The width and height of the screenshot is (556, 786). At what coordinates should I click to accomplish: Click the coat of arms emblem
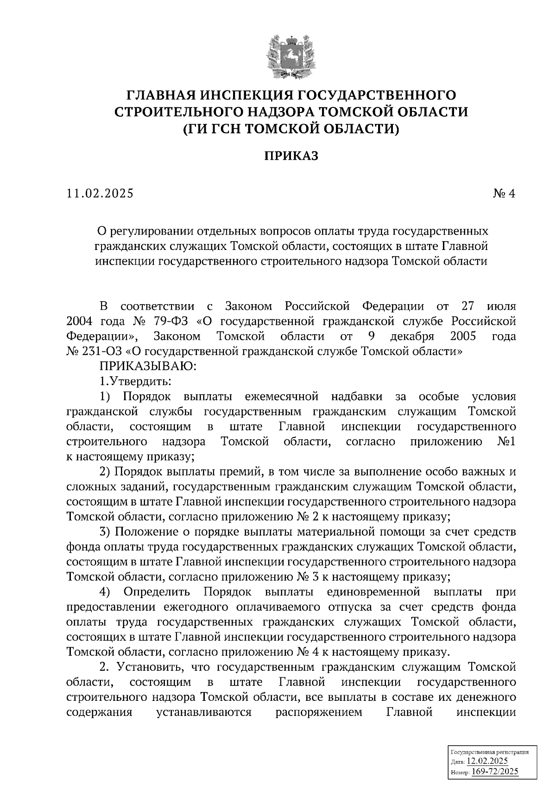[x=291, y=56]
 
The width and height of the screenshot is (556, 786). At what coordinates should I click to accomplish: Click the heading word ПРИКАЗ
[x=291, y=156]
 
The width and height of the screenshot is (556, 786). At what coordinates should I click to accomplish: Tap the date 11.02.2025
[x=100, y=193]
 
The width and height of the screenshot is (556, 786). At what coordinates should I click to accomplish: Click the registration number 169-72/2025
[x=495, y=772]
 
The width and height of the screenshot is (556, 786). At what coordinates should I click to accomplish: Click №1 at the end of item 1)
[x=506, y=442]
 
